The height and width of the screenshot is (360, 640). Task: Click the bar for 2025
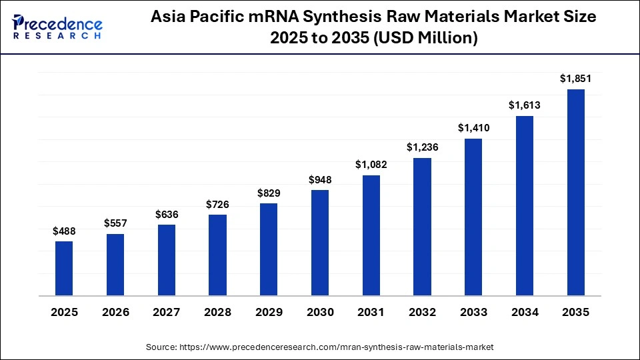pos(64,268)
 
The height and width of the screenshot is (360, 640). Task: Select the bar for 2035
pos(575,192)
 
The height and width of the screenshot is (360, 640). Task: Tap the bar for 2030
pos(320,243)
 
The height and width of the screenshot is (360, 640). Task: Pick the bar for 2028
pos(217,255)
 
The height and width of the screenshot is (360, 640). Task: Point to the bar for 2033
pos(473,217)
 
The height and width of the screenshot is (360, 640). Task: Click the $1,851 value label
pos(575,79)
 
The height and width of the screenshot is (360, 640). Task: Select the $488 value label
pos(64,231)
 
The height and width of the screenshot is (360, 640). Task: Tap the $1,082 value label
pos(371,165)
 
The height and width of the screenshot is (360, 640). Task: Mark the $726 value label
pos(217,204)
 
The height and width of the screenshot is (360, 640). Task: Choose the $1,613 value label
pos(524,105)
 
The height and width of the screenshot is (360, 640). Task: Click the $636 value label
pos(167,214)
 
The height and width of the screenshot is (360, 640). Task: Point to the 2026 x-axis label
pos(115,312)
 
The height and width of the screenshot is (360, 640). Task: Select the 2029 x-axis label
pos(269,312)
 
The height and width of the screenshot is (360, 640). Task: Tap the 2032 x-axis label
pos(422,312)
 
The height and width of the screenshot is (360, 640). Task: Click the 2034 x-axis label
pos(524,312)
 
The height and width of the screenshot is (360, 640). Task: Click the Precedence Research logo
pos(57,27)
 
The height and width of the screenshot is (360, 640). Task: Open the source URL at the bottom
pos(320,347)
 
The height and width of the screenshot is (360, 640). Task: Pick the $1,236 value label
pos(422,147)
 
